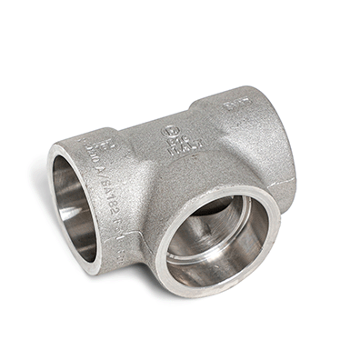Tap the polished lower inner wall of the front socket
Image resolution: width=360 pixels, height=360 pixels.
pyautogui.click(x=218, y=268)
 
